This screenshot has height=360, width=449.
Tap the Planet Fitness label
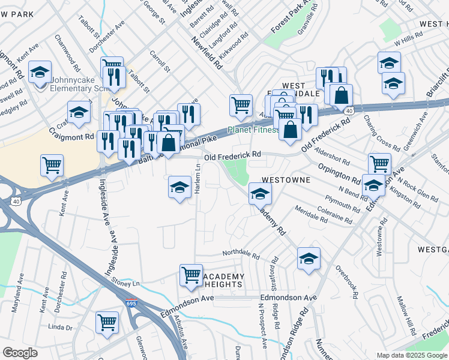click(x=253, y=130)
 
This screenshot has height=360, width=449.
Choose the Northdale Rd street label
click(x=241, y=254)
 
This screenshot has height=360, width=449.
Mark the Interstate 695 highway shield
click(x=131, y=304)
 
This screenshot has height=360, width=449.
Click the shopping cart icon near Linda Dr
click(x=107, y=322)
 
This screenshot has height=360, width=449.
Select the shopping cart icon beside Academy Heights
click(x=191, y=275)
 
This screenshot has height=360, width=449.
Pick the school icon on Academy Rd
click(x=260, y=194)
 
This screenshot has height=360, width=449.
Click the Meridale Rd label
click(x=310, y=214)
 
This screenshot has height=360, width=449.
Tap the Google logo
click(x=20, y=353)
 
